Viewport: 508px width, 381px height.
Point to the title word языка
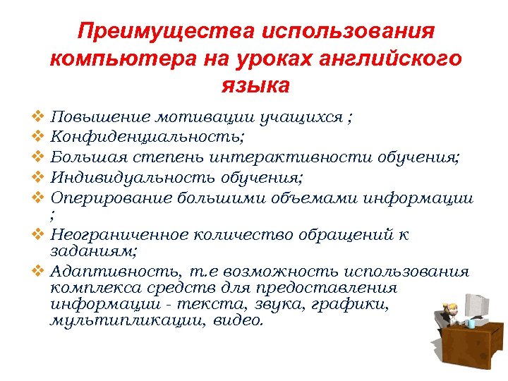click(255, 86)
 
